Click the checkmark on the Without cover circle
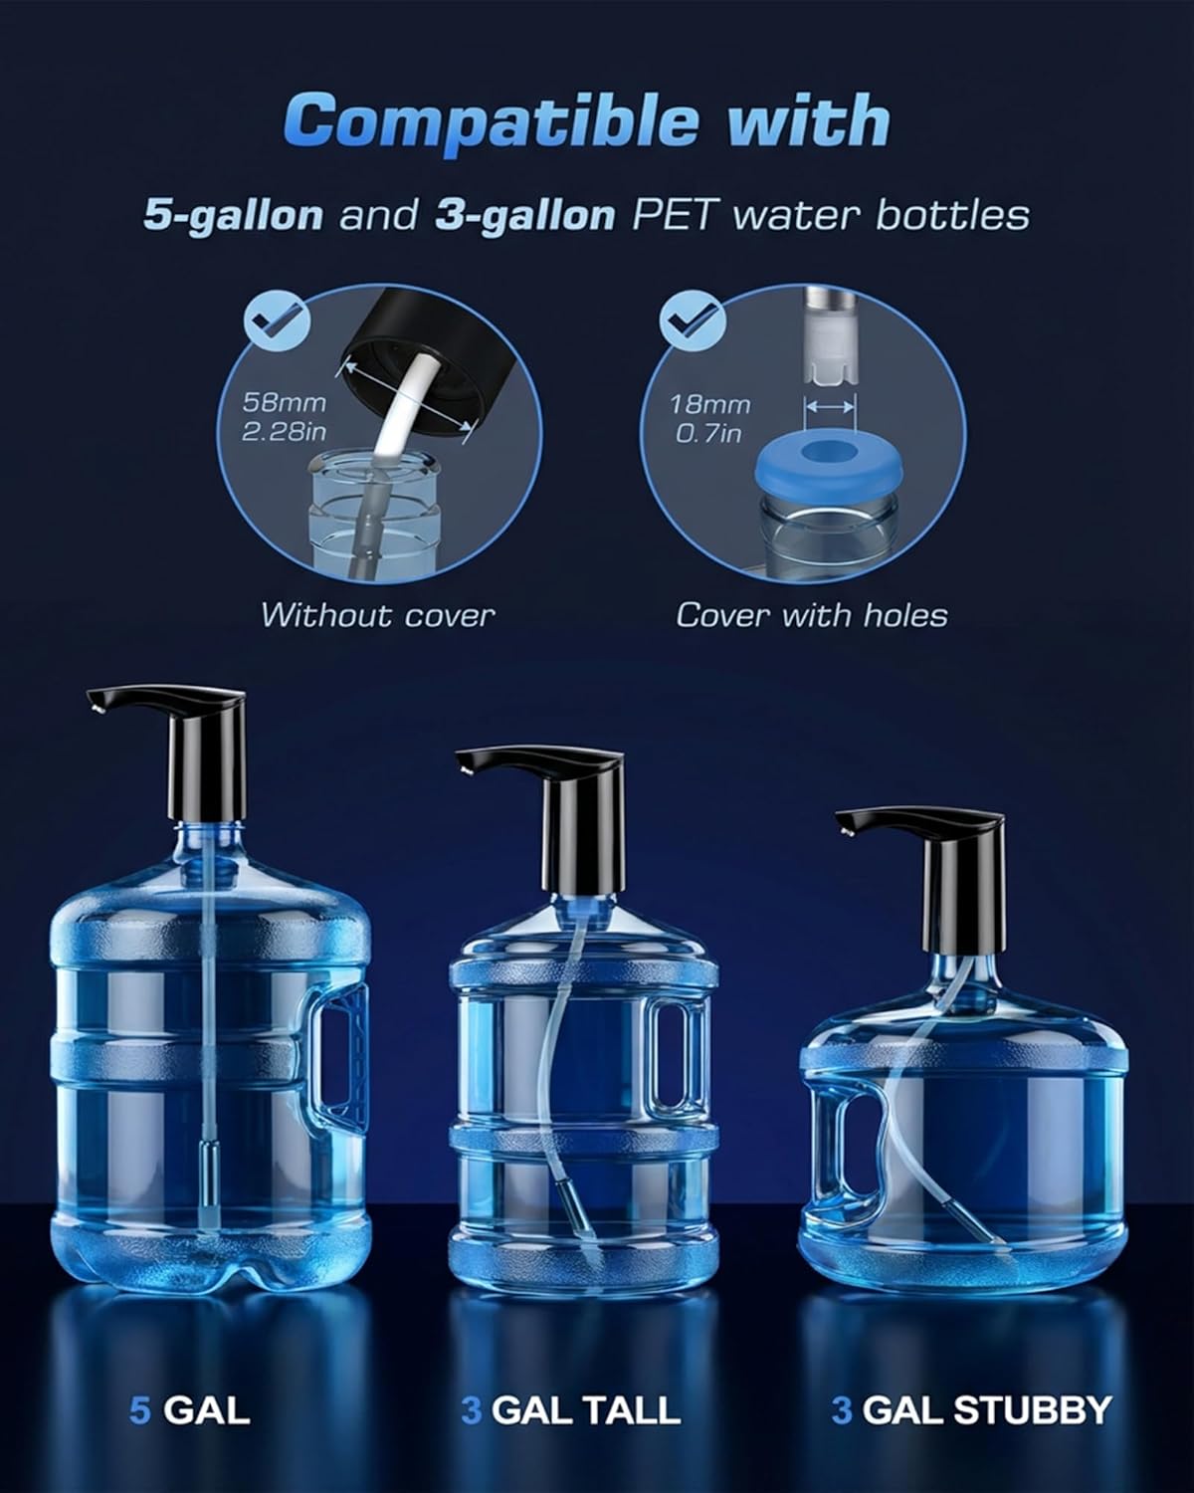(x=276, y=320)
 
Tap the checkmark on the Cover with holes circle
(x=693, y=320)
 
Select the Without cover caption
(x=377, y=615)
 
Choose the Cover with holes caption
(x=811, y=615)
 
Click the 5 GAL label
(x=189, y=1409)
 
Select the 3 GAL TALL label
(x=571, y=1409)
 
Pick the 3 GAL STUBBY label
(x=971, y=1409)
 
